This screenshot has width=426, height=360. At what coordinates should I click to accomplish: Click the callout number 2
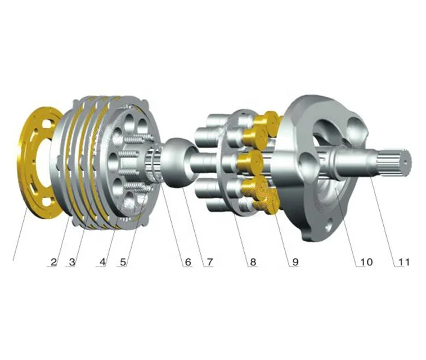(54, 262)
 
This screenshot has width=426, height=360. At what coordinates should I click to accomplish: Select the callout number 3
(72, 262)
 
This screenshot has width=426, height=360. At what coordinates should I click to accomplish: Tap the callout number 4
(102, 262)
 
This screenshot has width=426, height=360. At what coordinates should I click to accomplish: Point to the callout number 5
(123, 262)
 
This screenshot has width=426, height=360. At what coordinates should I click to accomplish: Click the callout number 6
(188, 262)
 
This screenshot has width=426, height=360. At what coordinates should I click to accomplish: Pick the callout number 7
(210, 262)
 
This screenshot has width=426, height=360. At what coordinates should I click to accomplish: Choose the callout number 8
(253, 262)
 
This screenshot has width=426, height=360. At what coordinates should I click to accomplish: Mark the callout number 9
(295, 262)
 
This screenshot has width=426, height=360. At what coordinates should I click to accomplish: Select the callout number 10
(366, 262)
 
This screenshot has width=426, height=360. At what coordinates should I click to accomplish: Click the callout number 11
(403, 262)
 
